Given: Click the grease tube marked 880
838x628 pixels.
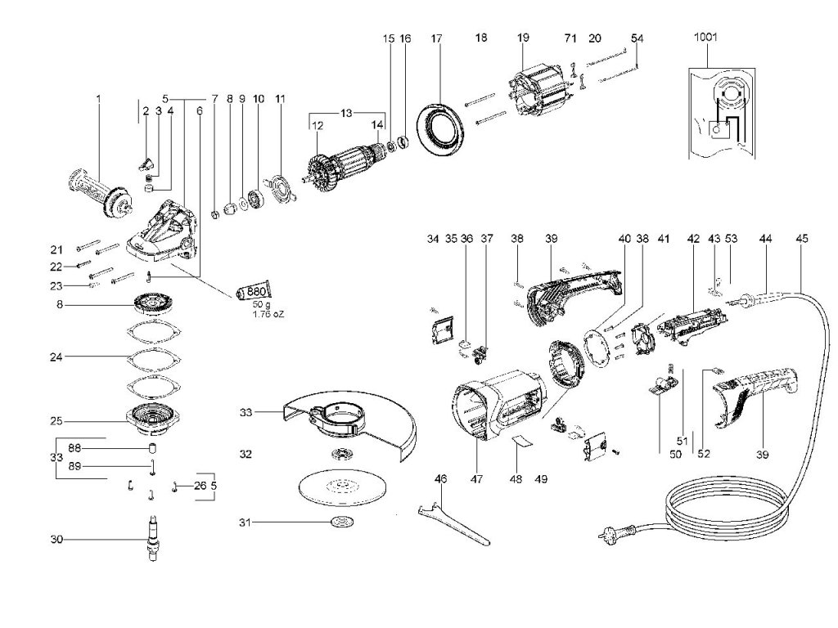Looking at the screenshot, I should [254, 291].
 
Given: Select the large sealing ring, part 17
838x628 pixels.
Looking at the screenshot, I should [439, 123].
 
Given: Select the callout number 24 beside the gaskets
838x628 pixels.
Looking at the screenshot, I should [56, 357].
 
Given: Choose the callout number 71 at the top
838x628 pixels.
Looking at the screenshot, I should [570, 38].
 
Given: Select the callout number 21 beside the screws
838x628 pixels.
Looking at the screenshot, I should [56, 249].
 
